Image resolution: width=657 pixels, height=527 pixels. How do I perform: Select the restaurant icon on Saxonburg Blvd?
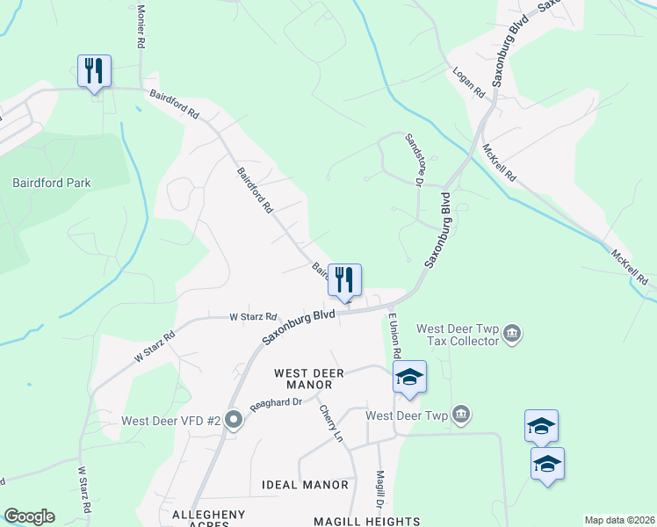click(x=344, y=280)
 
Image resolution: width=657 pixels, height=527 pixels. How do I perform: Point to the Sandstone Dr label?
click(x=415, y=159)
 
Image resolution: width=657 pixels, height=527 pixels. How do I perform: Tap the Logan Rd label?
click(x=468, y=80)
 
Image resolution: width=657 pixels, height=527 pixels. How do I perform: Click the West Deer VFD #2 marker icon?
click(x=233, y=419)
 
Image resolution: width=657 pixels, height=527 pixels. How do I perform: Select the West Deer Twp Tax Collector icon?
click(x=513, y=334)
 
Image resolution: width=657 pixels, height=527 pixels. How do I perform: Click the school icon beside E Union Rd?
click(x=409, y=377)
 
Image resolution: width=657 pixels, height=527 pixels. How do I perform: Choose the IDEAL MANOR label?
click(x=305, y=485)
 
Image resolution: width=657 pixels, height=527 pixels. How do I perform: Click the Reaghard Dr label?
click(x=276, y=401)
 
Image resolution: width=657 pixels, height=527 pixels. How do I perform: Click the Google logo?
click(x=29, y=516)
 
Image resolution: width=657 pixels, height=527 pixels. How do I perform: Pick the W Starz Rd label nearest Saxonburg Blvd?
click(x=253, y=316)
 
